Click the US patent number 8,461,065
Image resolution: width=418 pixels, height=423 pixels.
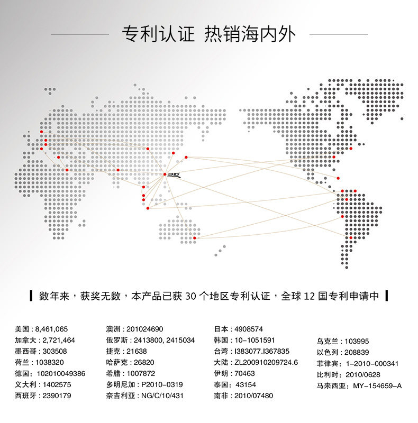pos(52,329)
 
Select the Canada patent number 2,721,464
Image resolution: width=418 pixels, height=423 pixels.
pos(56,340)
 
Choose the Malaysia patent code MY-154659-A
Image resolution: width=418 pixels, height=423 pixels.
pos(377,386)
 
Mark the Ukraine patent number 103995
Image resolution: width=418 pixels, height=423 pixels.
pos(357,342)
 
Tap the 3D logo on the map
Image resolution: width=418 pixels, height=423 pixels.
pos(175,174)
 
